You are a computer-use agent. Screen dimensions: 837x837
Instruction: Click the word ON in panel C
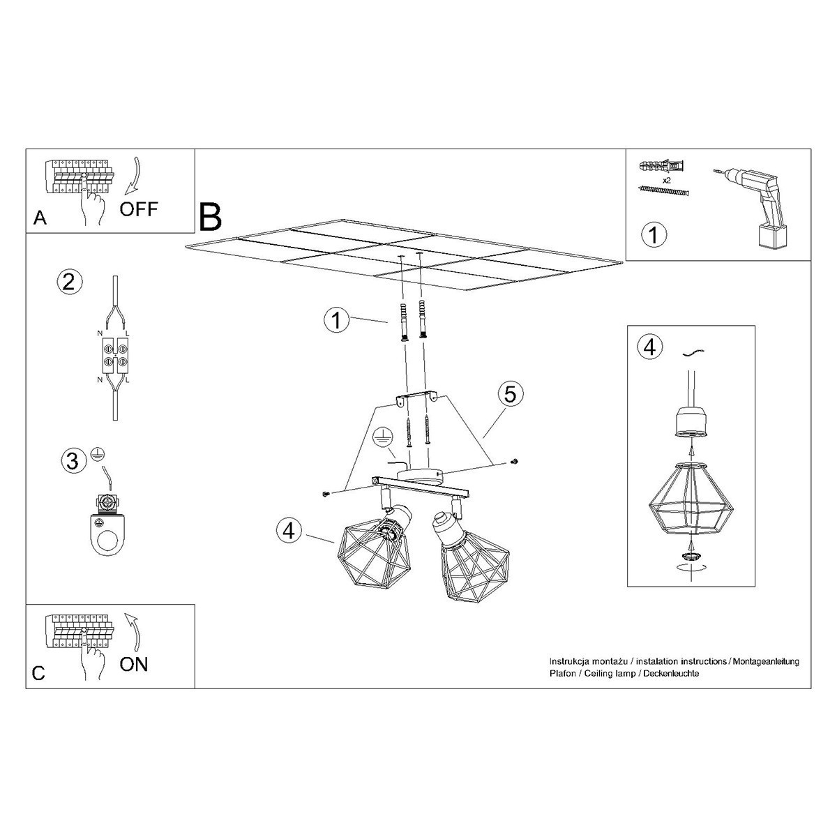click(x=134, y=663)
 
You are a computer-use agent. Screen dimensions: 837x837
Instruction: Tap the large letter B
click(x=210, y=217)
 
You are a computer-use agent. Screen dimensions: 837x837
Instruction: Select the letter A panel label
click(x=40, y=218)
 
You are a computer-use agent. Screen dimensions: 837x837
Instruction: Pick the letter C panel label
click(x=38, y=673)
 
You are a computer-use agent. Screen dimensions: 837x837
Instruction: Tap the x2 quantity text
click(x=666, y=180)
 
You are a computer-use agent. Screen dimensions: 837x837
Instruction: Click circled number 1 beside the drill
click(x=653, y=234)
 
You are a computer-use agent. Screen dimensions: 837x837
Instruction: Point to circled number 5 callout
click(x=510, y=394)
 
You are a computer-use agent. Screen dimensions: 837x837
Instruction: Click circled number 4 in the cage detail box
click(x=649, y=347)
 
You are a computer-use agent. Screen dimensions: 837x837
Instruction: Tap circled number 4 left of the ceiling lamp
click(x=287, y=530)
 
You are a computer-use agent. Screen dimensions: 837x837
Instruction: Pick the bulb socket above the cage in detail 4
click(x=690, y=422)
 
